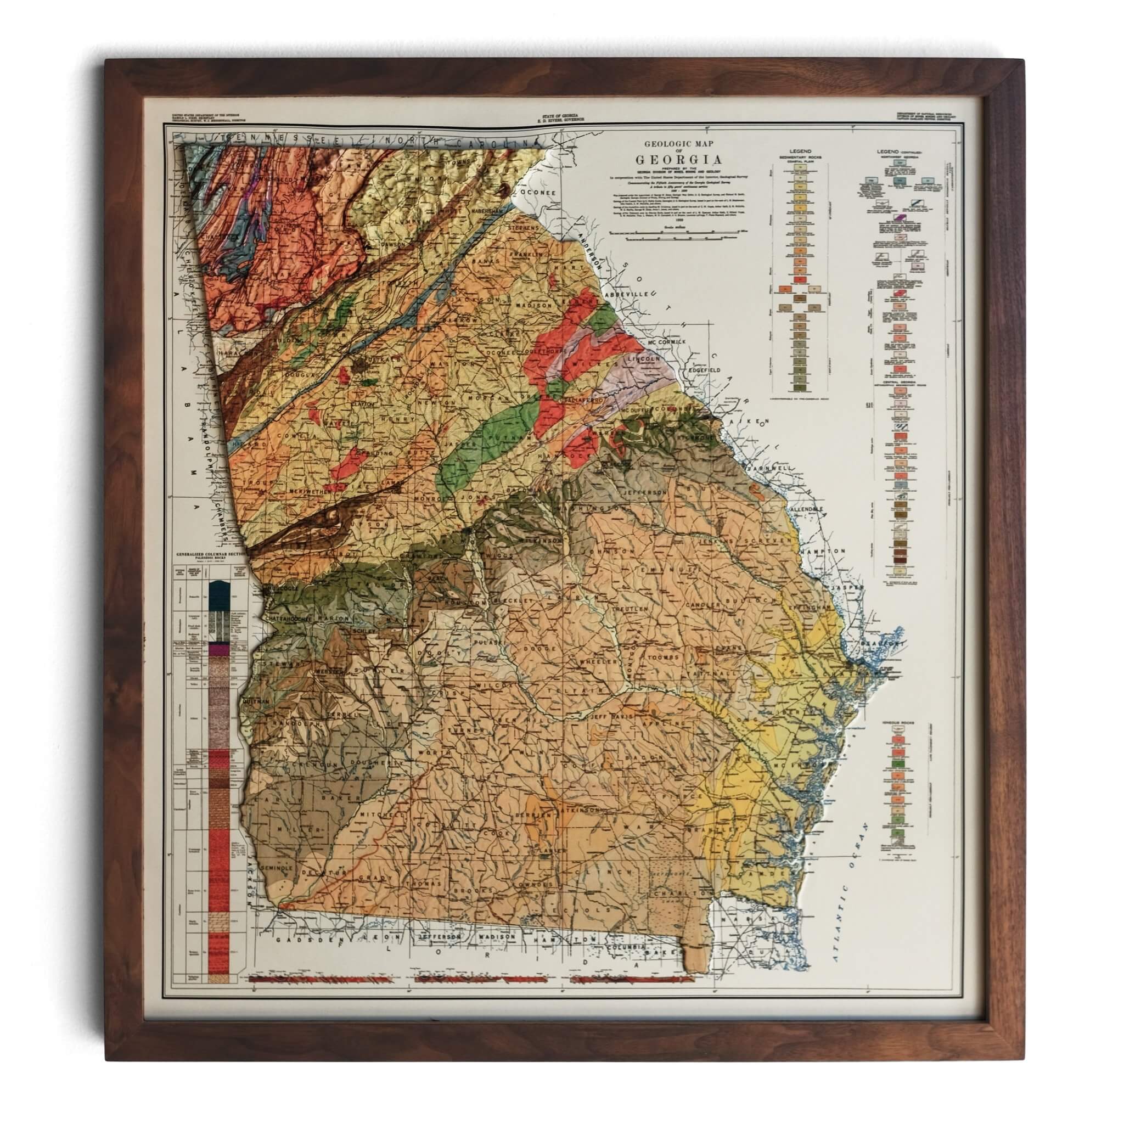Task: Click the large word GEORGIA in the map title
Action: [x=678, y=159]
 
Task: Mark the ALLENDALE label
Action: [x=806, y=510]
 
